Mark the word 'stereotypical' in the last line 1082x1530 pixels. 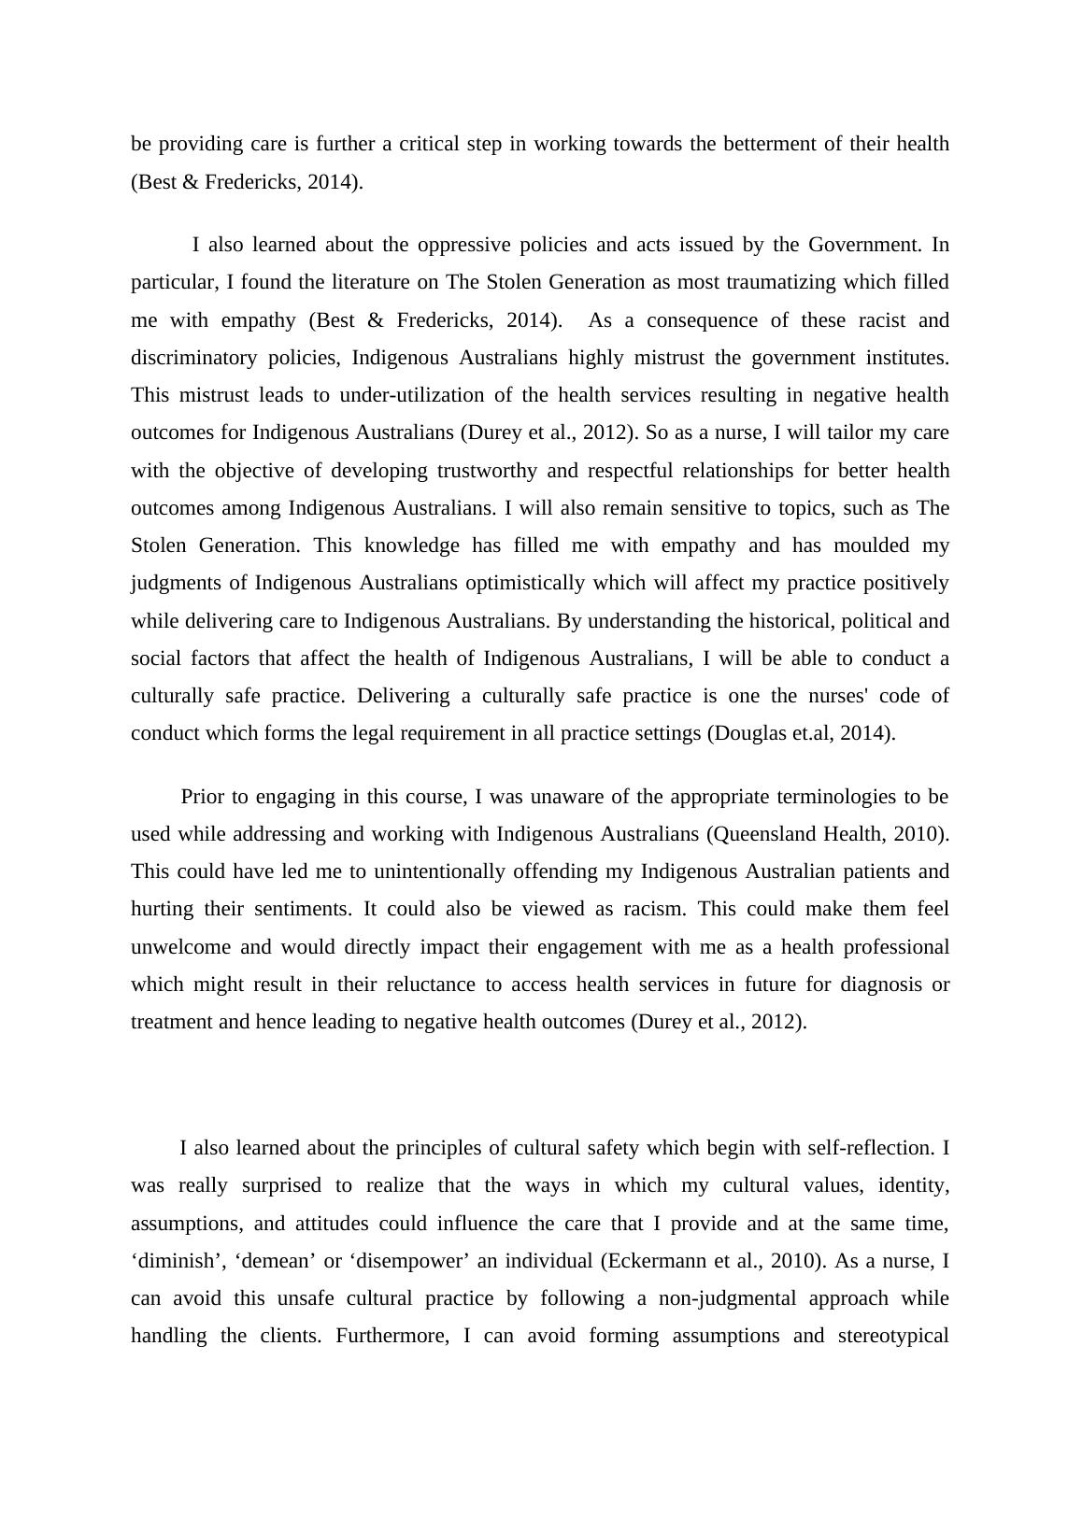click(x=893, y=1336)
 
